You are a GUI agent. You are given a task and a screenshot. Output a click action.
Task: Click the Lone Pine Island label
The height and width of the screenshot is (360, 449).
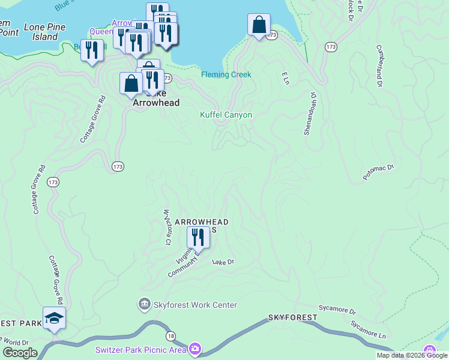click(40, 32)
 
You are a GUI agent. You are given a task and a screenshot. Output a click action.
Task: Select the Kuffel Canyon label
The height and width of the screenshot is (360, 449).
click(226, 115)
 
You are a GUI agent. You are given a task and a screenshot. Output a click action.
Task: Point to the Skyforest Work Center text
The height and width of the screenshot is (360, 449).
click(196, 305)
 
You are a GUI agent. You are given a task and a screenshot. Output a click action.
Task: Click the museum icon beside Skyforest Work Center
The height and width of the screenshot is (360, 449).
click(144, 305)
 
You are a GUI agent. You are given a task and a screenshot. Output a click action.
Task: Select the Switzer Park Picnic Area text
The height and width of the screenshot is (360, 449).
click(141, 349)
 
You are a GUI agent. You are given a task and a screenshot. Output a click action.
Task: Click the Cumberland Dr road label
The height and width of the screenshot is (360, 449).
click(379, 65)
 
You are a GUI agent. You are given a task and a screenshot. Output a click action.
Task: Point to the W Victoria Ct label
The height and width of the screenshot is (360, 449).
click(166, 227)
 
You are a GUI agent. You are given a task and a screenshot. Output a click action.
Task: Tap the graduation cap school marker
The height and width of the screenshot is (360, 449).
click(53, 319)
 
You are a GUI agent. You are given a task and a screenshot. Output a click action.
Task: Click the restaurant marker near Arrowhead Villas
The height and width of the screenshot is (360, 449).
click(197, 238)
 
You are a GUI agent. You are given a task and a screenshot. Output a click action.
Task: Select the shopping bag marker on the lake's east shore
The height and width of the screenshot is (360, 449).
click(259, 26)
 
